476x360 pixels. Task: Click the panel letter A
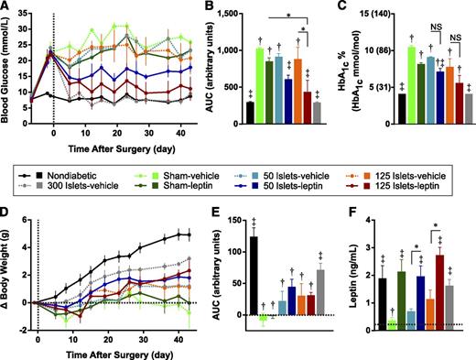[x=5, y=7]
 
